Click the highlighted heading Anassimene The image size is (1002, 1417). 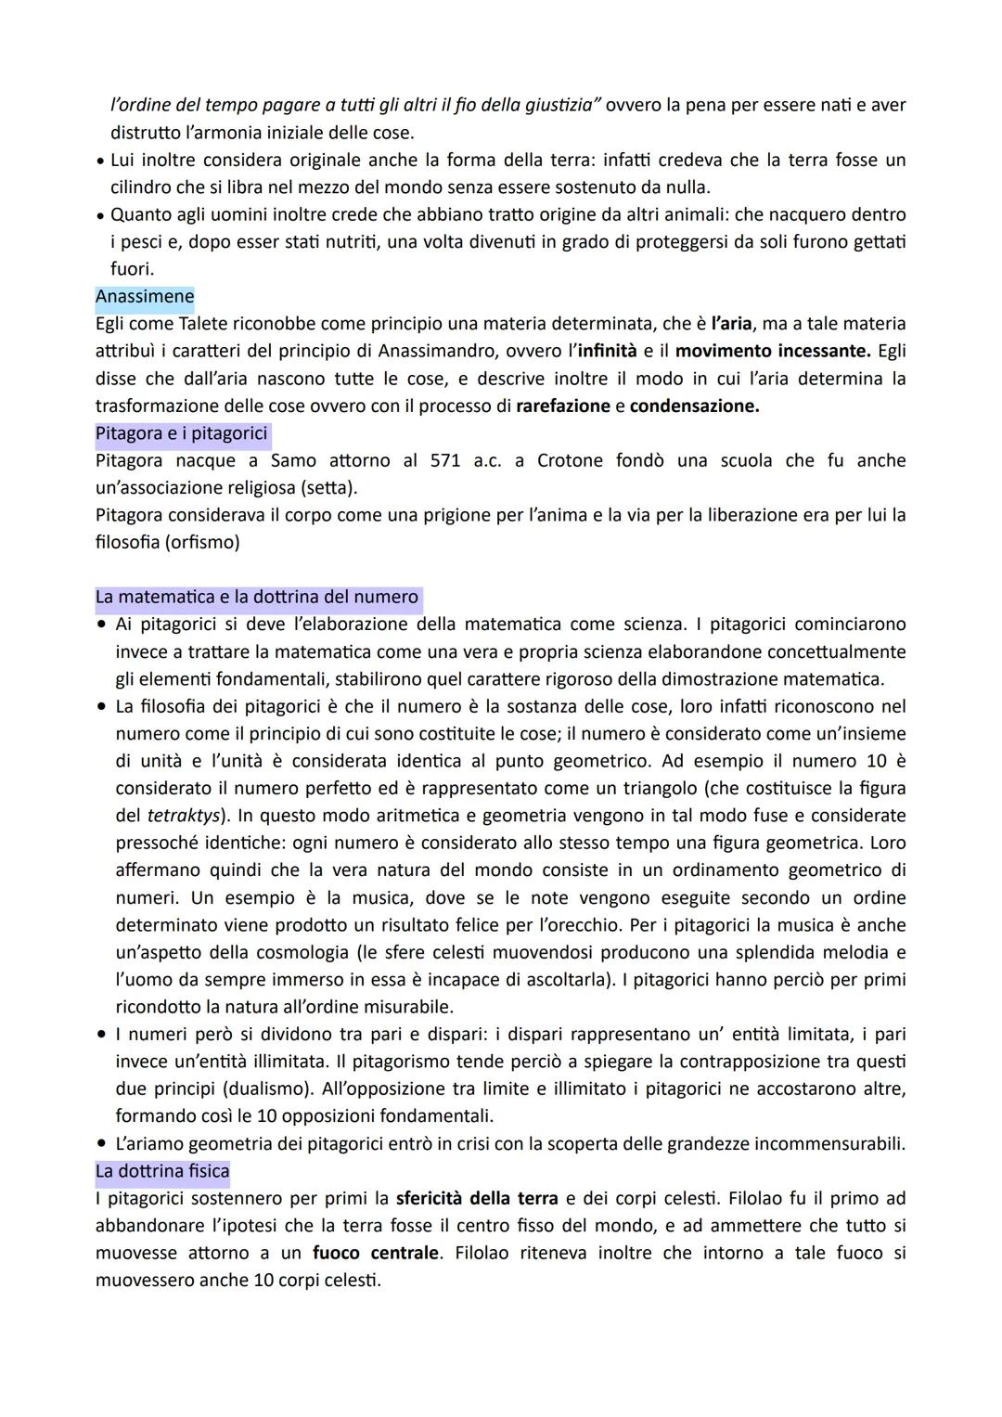coord(145,297)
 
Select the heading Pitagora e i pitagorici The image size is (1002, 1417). coord(181,433)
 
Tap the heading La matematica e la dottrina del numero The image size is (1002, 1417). coord(257,598)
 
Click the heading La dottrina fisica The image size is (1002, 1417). coord(162,1171)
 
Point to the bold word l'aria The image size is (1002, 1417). coord(731,324)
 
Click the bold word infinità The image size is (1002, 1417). coord(607,352)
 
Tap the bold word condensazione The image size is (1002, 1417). coord(694,406)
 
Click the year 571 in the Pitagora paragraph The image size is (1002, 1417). coord(445,461)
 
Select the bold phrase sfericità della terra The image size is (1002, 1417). coord(477,1199)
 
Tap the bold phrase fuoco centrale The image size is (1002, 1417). coord(376,1254)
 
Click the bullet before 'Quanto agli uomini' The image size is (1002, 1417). coord(100,215)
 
